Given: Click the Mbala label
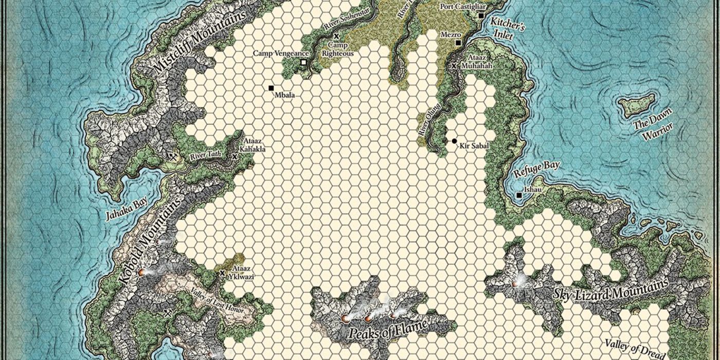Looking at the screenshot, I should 284,95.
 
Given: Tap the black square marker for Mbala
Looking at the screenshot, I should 271,88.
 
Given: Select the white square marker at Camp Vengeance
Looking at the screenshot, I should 303,62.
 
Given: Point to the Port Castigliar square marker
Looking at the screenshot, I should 481,16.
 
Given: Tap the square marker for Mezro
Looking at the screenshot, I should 458,42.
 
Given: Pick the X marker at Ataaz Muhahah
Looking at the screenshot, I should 454,66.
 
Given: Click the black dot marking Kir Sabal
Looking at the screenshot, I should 454,140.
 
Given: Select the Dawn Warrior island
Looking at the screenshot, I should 637,104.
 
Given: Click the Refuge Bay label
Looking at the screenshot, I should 536,169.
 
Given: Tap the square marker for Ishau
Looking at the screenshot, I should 519,195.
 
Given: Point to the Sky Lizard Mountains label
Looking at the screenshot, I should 610,289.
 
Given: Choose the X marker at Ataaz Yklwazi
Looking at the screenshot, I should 222,273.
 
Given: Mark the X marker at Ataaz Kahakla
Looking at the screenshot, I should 235,155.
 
